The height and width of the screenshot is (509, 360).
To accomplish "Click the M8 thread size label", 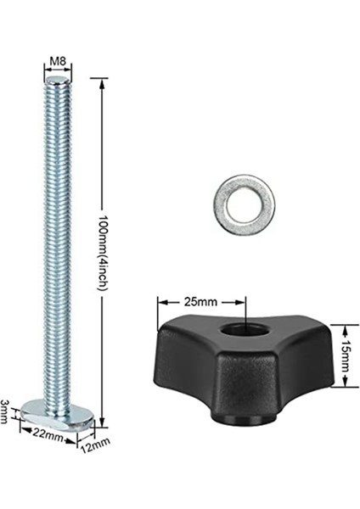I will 57,62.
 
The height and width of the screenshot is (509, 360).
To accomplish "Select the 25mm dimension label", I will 200,301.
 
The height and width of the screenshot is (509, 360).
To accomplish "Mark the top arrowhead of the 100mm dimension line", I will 103,81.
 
